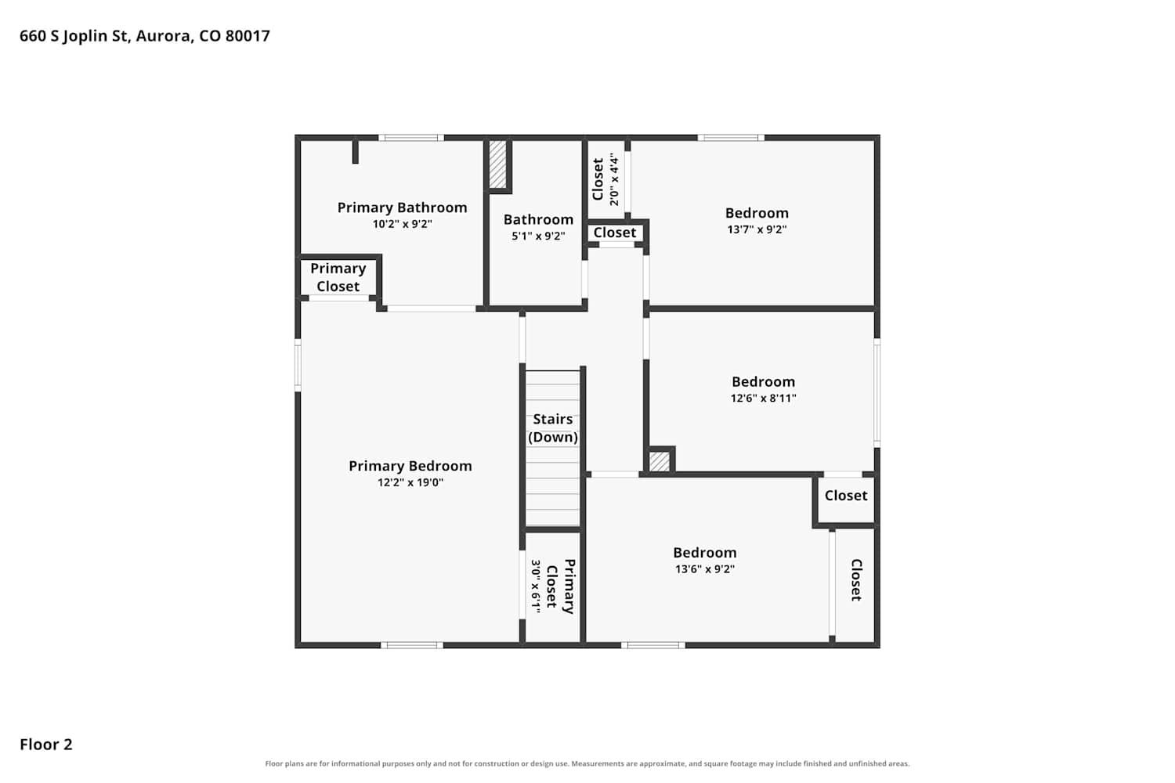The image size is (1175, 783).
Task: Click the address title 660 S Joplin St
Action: (x=145, y=36)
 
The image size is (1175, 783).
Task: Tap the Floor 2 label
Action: (x=46, y=744)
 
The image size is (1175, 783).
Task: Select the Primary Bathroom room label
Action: (x=403, y=207)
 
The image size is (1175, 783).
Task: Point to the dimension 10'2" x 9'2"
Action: (x=403, y=224)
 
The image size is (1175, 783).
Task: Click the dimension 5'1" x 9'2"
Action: (x=539, y=236)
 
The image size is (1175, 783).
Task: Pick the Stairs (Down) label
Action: (x=553, y=428)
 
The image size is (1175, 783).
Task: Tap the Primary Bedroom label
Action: (x=410, y=466)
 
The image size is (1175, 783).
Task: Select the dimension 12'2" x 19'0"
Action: (x=410, y=482)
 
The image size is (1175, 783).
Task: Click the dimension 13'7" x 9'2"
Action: (x=757, y=229)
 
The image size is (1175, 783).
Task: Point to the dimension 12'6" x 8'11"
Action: (x=763, y=398)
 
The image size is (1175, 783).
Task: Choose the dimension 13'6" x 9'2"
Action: (x=705, y=569)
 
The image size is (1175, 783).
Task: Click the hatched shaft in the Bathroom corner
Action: (x=497, y=164)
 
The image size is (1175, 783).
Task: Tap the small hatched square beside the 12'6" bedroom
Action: (x=660, y=461)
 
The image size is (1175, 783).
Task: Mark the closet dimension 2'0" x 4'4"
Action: (x=614, y=179)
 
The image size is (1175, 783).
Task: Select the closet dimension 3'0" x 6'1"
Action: (x=536, y=586)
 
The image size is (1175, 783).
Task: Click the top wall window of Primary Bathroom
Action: (x=411, y=138)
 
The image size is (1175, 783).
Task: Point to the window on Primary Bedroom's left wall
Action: (x=298, y=365)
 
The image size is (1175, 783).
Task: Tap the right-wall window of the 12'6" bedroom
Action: (x=877, y=393)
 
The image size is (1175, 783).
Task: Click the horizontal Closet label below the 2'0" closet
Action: (x=615, y=233)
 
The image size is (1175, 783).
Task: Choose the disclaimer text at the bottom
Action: (x=587, y=763)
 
